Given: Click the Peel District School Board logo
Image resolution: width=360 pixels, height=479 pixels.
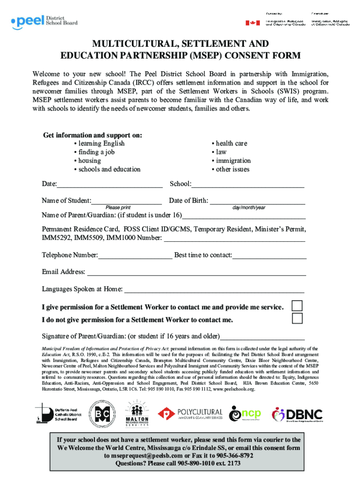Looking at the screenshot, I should (x=44, y=21).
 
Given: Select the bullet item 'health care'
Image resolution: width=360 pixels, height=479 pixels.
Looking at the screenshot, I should (x=231, y=144).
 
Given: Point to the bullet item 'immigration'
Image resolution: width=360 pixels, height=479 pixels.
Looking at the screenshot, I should (x=233, y=161).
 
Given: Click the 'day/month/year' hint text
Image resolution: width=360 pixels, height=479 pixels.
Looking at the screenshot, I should (x=249, y=208).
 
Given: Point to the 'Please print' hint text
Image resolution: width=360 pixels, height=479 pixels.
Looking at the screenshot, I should (x=118, y=208).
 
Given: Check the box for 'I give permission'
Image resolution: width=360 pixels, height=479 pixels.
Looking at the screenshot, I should (x=297, y=306).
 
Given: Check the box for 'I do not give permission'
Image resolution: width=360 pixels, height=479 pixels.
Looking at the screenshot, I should (x=297, y=319).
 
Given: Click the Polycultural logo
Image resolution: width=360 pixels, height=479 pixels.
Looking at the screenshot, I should (x=190, y=414).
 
